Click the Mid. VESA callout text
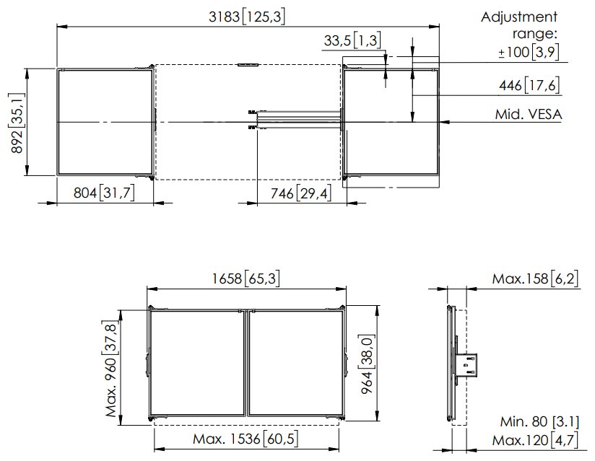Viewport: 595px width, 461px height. pyautogui.click(x=529, y=115)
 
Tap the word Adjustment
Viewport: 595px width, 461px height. pyautogui.click(x=518, y=17)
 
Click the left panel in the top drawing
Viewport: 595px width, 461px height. pyautogui.click(x=105, y=121)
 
